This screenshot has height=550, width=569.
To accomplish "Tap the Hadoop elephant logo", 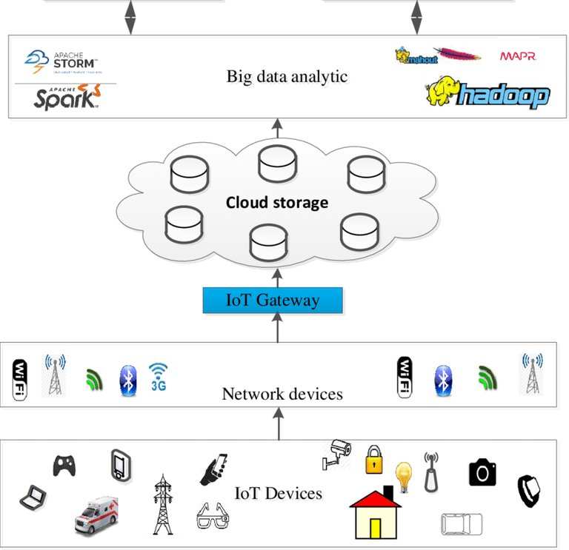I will pyautogui.click(x=488, y=93).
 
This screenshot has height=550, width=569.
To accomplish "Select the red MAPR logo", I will pyautogui.click(x=518, y=56).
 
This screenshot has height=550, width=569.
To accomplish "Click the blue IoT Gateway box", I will pyautogui.click(x=273, y=300).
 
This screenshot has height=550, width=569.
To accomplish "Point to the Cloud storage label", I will pyautogui.click(x=276, y=203).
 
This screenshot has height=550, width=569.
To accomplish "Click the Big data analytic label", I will pyautogui.click(x=287, y=76).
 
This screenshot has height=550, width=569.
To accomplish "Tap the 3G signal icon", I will pyautogui.click(x=158, y=376).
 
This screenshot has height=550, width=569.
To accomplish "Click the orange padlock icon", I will pyautogui.click(x=374, y=460).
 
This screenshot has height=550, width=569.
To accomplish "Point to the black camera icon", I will pyautogui.click(x=482, y=472).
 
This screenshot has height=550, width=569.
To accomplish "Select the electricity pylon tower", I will pyautogui.click(x=162, y=504).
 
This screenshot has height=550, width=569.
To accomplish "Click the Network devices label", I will pyautogui.click(x=282, y=394).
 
